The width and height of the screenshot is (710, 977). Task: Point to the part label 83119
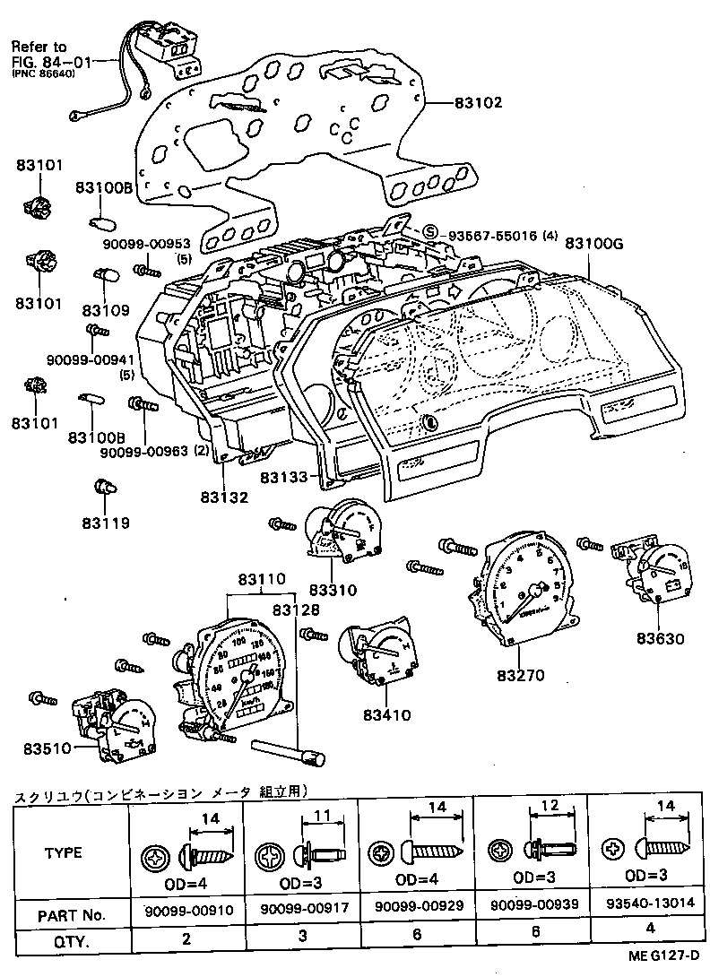106,523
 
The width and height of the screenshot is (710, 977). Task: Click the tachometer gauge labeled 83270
521,592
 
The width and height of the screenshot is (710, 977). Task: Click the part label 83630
661,638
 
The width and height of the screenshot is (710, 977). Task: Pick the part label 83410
386,714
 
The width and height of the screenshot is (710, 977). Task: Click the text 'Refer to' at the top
39,47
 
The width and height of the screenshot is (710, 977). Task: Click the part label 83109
106,310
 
